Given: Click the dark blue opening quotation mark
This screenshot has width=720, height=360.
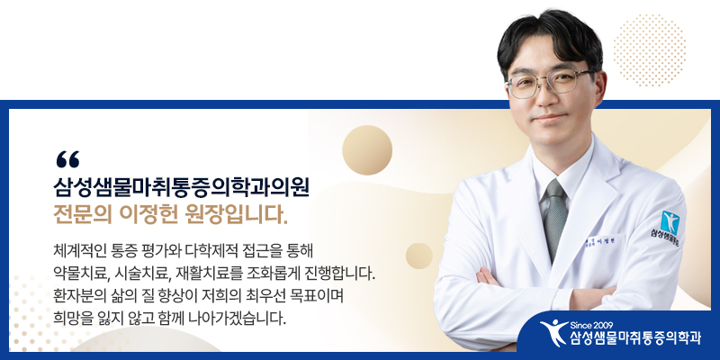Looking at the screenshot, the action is pos(67,159).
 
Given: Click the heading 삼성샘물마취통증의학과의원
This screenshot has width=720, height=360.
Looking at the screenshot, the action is pos(182,189).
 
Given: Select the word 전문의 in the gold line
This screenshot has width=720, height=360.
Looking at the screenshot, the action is pos(83,215).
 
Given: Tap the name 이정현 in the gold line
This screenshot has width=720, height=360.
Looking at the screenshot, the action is pos(148,215).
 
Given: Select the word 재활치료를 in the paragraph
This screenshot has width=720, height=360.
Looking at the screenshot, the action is pos(210,274).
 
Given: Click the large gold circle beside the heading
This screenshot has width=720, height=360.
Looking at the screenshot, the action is pos(367,150).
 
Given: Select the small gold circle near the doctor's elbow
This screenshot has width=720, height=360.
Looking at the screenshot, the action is pos(419,256).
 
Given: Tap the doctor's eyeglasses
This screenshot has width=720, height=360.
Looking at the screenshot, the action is pos(550,83).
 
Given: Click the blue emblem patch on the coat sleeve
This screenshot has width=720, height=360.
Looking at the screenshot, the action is pos(670,223).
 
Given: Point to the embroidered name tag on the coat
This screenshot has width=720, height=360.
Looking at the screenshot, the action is pos(600,242).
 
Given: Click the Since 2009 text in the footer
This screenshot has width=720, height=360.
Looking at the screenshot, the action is pos(591,326).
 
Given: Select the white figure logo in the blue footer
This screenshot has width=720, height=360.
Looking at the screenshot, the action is pos(553,332).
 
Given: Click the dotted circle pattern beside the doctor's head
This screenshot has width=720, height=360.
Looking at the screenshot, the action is pos(649,50).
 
